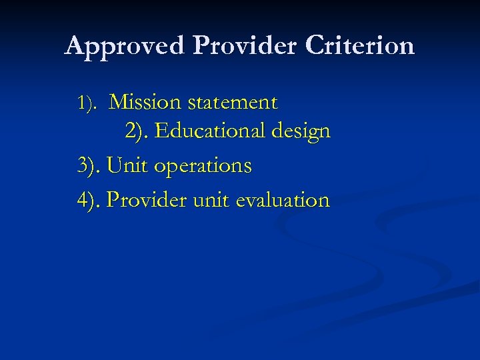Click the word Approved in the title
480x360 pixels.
[126, 46]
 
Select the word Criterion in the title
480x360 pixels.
[361, 45]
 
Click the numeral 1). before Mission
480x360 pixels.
[88, 103]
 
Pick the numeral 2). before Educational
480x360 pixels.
[137, 131]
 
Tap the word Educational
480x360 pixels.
[210, 131]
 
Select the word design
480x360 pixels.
[301, 132]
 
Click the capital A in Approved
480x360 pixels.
[75, 45]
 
